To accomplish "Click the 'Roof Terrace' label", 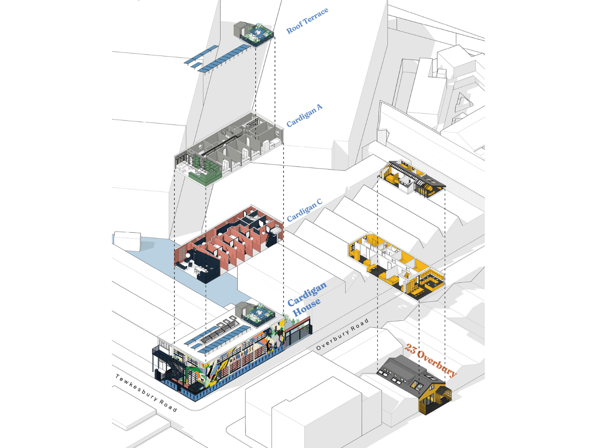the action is tap(307, 21).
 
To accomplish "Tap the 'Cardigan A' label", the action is tap(305, 115).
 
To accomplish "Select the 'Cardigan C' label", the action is tap(305, 209).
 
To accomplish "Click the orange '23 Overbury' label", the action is tap(430, 360).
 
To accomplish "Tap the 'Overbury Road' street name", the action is tap(342, 334).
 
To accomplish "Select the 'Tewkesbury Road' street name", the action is tap(146, 392).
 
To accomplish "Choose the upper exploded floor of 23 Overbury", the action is tap(411, 178).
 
